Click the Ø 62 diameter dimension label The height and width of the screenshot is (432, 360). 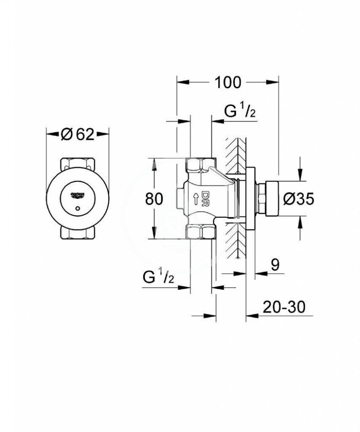[x=77, y=134]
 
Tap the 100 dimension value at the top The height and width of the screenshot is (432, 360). [x=228, y=82]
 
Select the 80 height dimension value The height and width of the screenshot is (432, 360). [x=154, y=199]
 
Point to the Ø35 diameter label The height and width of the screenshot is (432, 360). [x=299, y=199]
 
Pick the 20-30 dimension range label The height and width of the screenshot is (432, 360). [x=284, y=307]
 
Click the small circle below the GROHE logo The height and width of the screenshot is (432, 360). [x=78, y=208]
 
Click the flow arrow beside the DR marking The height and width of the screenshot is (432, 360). [x=196, y=199]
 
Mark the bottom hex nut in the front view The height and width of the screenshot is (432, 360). [x=77, y=232]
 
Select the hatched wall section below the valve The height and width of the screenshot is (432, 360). [x=236, y=240]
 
